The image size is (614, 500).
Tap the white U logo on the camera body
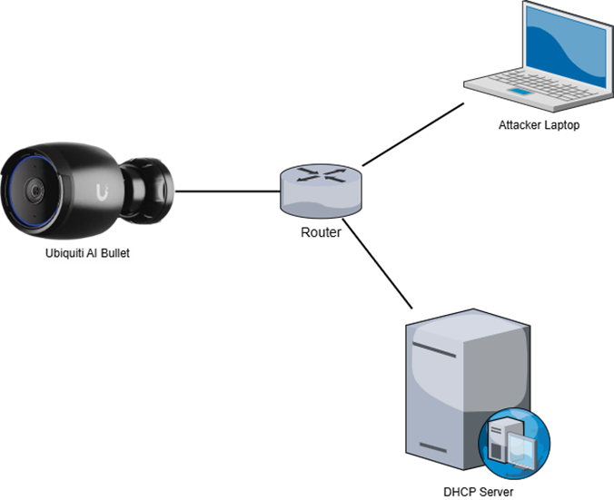pos(100,191)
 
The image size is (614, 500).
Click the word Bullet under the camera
pos(116,254)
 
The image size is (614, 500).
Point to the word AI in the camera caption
pos(94,254)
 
